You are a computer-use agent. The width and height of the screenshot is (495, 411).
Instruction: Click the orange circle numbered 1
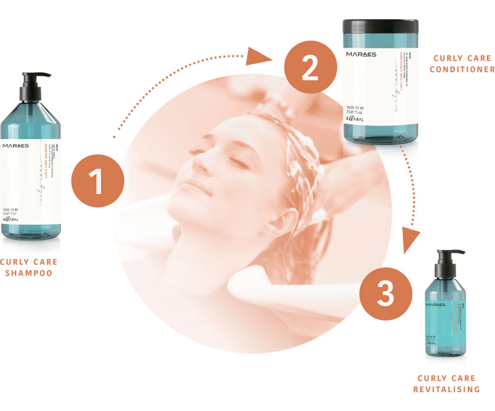tap(98, 181)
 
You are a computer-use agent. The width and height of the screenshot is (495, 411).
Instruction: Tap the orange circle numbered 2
tap(309, 67)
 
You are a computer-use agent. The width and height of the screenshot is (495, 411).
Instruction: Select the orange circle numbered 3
tap(385, 294)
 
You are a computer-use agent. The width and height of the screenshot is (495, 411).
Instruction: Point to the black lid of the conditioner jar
tap(380, 26)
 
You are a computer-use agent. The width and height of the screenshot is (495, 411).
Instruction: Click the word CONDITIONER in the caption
tap(462, 69)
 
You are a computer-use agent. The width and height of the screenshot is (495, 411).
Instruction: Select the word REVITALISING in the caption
tap(447, 389)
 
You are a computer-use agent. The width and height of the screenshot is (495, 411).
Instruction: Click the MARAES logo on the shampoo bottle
tap(15, 146)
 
